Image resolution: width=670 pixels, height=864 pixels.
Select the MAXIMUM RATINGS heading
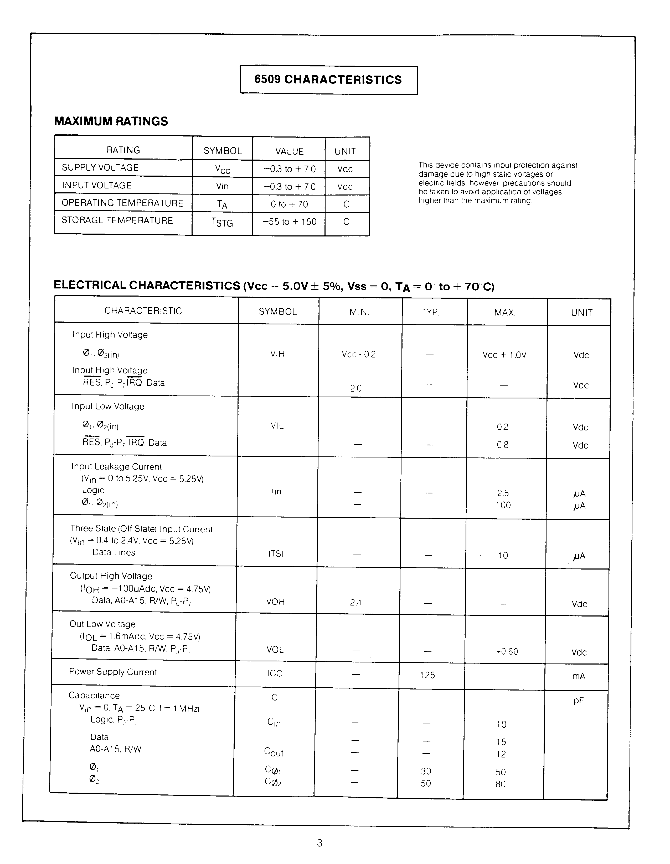pyautogui.click(x=111, y=121)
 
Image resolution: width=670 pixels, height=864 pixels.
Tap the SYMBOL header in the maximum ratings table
pyautogui.click(x=223, y=151)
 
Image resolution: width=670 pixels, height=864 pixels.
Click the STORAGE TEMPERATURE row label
pyautogui.click(x=117, y=220)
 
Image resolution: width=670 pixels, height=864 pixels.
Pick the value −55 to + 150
pyautogui.click(x=290, y=222)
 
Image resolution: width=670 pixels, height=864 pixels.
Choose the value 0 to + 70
pyautogui.click(x=289, y=204)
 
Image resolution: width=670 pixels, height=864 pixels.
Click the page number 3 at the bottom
pyautogui.click(x=319, y=843)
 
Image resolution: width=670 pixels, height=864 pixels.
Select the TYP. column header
pyautogui.click(x=430, y=312)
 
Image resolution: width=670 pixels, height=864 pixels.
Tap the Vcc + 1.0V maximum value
pyautogui.click(x=504, y=355)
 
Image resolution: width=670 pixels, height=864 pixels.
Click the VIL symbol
pyautogui.click(x=277, y=426)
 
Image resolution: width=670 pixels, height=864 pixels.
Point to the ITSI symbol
pyautogui.click(x=276, y=554)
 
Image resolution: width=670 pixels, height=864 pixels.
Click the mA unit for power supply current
pyautogui.click(x=579, y=676)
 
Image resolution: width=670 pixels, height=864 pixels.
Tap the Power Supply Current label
pyautogui.click(x=113, y=672)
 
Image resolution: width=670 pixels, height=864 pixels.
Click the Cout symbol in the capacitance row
pyautogui.click(x=274, y=752)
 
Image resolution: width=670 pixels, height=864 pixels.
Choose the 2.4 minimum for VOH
pyautogui.click(x=355, y=603)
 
